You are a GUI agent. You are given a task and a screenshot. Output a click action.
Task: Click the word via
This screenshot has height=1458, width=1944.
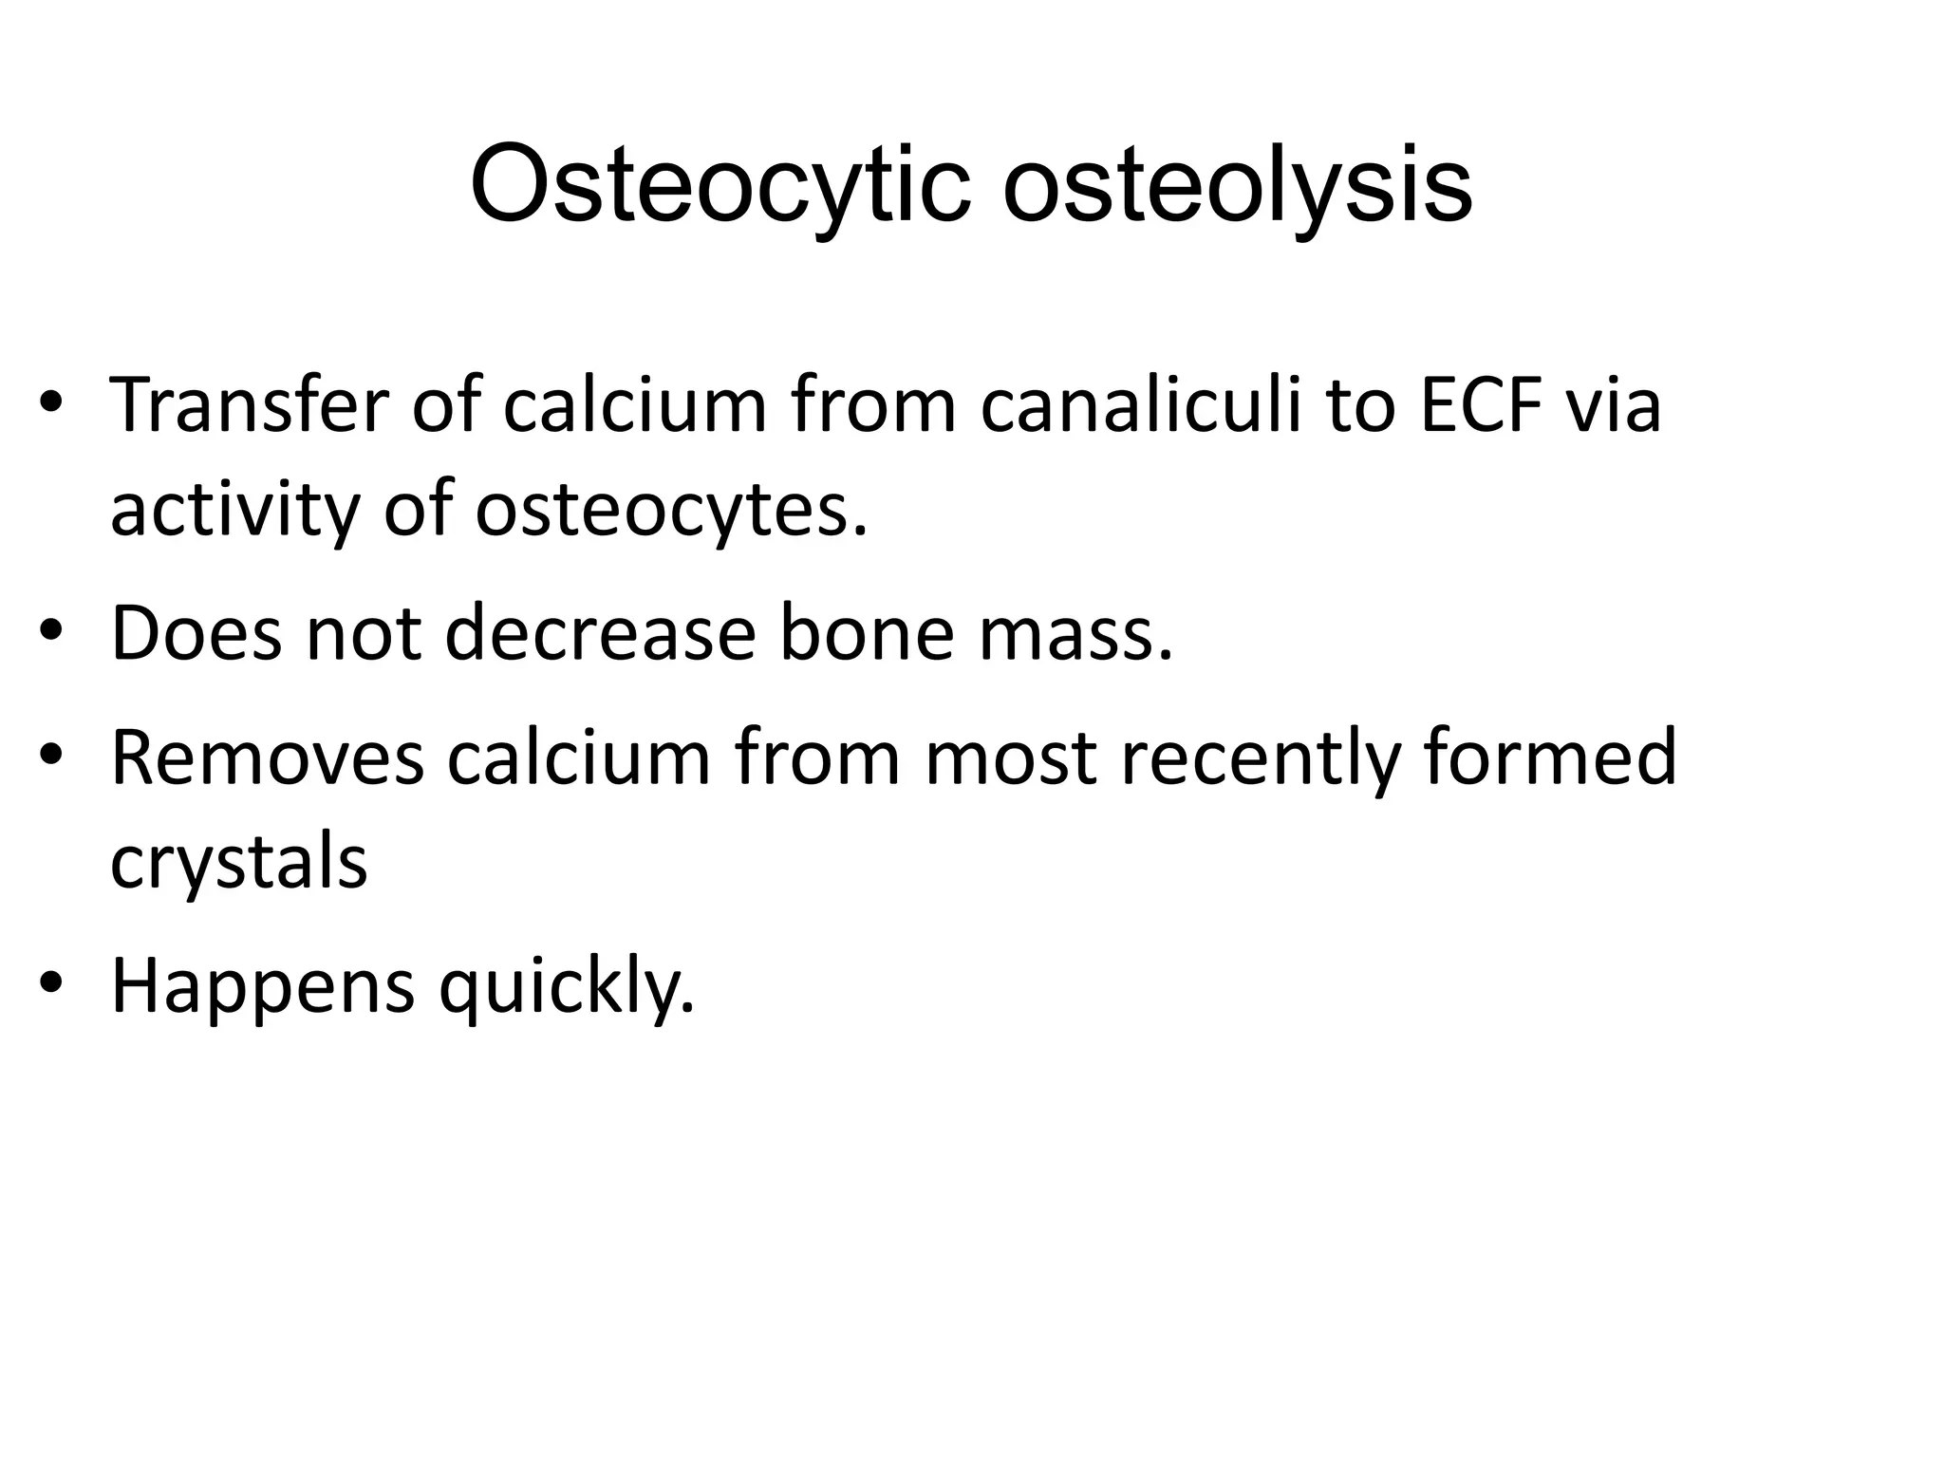[1613, 406]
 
